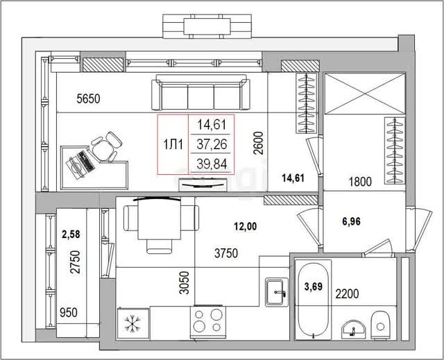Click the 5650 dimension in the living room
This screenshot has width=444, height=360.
coord(88,98)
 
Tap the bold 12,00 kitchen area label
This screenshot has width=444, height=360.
coord(246,226)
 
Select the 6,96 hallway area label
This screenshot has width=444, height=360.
coord(352,221)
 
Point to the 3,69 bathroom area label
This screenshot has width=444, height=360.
coord(314,286)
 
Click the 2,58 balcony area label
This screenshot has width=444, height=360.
coord(71,234)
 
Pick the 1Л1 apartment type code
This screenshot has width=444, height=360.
coord(173,145)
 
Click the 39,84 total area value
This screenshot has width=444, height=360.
coord(212,164)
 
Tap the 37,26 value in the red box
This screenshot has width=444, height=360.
coord(212,144)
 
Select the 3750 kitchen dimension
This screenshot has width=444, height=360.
coord(226,253)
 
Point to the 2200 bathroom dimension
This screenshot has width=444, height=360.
coord(347,294)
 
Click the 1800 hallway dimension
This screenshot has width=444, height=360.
coord(360,182)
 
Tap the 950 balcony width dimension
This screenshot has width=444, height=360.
coord(68,313)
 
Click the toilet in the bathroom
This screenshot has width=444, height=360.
coord(381,325)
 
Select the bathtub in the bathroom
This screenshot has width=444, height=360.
coord(313,300)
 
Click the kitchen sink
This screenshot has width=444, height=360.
coord(277,292)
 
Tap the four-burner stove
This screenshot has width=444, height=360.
coord(208,322)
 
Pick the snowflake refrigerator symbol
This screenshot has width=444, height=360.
coord(133,323)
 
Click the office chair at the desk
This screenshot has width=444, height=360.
coord(106,146)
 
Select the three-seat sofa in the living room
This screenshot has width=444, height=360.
coord(200,92)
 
